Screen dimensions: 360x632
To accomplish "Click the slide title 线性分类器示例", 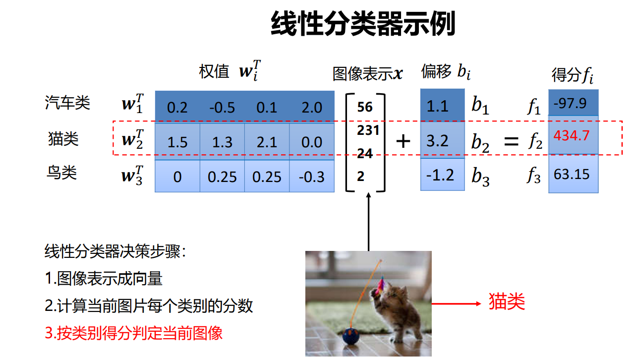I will click(x=363, y=24).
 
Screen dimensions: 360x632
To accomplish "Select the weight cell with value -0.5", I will click(x=222, y=108).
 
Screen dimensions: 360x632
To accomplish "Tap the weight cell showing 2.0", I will click(x=312, y=108).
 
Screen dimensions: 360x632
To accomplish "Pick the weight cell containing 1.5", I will click(x=177, y=142).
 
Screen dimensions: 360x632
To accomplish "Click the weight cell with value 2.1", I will click(x=267, y=142).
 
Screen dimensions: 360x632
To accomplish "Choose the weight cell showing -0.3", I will click(x=312, y=177).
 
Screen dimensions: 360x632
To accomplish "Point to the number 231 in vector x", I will click(x=368, y=130).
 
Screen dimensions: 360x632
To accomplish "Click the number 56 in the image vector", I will click(x=365, y=107).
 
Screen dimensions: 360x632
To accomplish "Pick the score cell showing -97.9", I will click(x=571, y=103).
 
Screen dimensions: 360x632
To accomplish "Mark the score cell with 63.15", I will click(x=572, y=175).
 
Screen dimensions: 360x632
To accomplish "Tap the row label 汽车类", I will click(x=67, y=103).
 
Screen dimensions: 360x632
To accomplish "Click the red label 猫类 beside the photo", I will click(x=507, y=301).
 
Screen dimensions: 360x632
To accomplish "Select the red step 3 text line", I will click(x=133, y=333).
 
